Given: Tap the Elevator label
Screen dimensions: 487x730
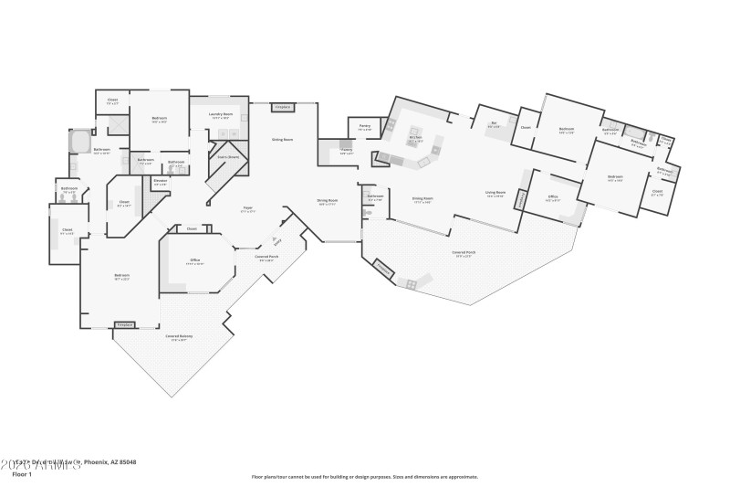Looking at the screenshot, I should pos(160,182).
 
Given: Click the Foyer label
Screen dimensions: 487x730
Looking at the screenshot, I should pos(247,209).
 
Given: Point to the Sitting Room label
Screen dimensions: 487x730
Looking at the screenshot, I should pos(282,140).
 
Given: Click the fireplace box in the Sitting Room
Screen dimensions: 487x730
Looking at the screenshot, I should pos(282,107).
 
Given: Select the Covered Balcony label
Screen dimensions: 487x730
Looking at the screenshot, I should pos(179,337).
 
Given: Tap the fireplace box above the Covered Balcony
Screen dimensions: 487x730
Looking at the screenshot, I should pos(125,324).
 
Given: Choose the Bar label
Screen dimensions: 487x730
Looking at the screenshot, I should pos(493,125).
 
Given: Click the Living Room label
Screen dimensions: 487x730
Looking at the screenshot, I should pos(495,196).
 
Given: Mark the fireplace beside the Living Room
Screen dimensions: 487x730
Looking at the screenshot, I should pos(521,198).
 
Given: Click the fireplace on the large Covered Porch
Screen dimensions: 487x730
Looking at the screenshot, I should pos(382,269).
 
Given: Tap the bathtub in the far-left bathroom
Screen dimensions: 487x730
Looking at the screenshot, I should pos(79,143).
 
